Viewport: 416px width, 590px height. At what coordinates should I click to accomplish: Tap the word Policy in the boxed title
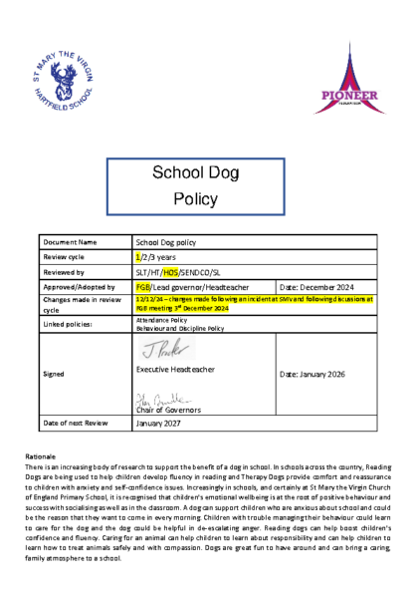[x=195, y=199]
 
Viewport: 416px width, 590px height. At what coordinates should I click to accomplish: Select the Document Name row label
[x=70, y=242]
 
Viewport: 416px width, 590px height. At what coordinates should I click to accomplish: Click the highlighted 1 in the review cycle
[x=137, y=256]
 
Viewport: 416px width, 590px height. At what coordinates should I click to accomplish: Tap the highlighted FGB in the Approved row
[x=142, y=286]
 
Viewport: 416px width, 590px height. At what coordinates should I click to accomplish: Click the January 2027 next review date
[x=162, y=424]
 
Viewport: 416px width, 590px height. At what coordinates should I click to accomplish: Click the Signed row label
[x=54, y=374]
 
